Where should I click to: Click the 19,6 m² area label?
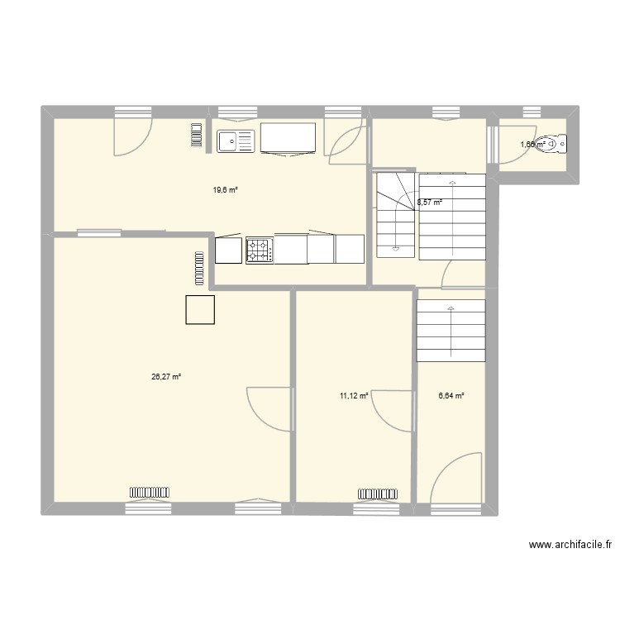click(225, 190)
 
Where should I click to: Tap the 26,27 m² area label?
click(166, 377)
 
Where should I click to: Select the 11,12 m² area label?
click(353, 396)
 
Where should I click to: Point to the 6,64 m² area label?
click(451, 396)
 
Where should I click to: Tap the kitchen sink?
click(236, 141)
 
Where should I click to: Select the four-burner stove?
click(259, 250)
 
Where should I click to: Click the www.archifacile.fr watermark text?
click(571, 545)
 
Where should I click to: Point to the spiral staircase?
click(394, 213)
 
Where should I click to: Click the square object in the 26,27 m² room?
click(201, 310)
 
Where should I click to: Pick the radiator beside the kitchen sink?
click(196, 136)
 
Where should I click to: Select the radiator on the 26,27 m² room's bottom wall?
click(149, 494)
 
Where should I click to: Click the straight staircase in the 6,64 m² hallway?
click(451, 331)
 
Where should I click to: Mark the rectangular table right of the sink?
click(289, 138)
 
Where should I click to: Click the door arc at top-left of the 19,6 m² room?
click(133, 136)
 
